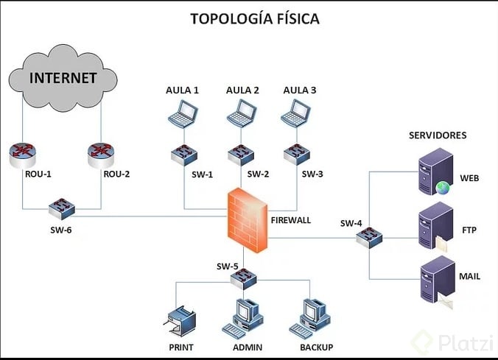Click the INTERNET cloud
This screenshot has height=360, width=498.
click(x=63, y=78)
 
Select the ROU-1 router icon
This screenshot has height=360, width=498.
click(x=23, y=155)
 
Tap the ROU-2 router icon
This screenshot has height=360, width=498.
click(x=101, y=155)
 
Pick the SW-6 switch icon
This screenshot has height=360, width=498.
click(x=62, y=209)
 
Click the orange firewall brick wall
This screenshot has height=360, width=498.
click(x=248, y=220)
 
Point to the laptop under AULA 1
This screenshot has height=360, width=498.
click(x=183, y=113)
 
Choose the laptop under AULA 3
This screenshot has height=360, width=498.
click(x=295, y=113)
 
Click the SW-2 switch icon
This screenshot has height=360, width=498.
click(x=241, y=155)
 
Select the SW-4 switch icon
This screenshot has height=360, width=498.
click(x=369, y=238)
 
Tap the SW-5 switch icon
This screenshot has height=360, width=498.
click(x=244, y=279)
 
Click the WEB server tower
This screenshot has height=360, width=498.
click(x=435, y=172)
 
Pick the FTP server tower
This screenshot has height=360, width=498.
click(x=435, y=226)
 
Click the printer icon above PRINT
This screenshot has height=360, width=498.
click(x=180, y=321)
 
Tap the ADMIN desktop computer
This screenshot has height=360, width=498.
click(x=243, y=318)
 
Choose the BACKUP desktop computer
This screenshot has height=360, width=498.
click(x=310, y=318)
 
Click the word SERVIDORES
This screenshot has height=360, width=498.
click(x=438, y=135)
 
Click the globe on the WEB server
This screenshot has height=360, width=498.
click(x=443, y=188)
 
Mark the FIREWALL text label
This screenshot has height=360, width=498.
click(x=290, y=220)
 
